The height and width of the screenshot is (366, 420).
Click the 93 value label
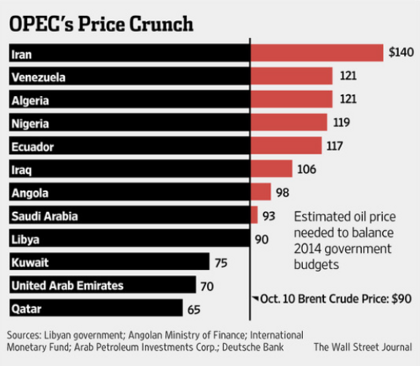270,215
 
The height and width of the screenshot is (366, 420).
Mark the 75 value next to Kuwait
221,262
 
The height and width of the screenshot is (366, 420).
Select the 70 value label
207,285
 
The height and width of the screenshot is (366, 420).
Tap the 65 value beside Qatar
194,309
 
